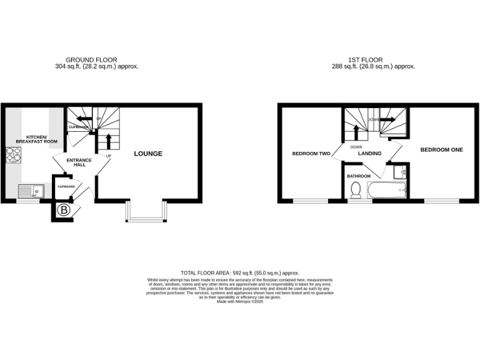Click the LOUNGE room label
(x=148, y=154)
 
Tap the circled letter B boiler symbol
(x=62, y=210)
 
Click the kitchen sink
(x=27, y=191)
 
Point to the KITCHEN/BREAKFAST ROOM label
(x=41, y=139)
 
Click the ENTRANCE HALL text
(x=79, y=162)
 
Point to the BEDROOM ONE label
(x=441, y=150)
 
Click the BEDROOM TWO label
(x=311, y=153)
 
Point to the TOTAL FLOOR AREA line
(x=239, y=273)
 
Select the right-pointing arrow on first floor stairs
(x=388, y=119)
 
